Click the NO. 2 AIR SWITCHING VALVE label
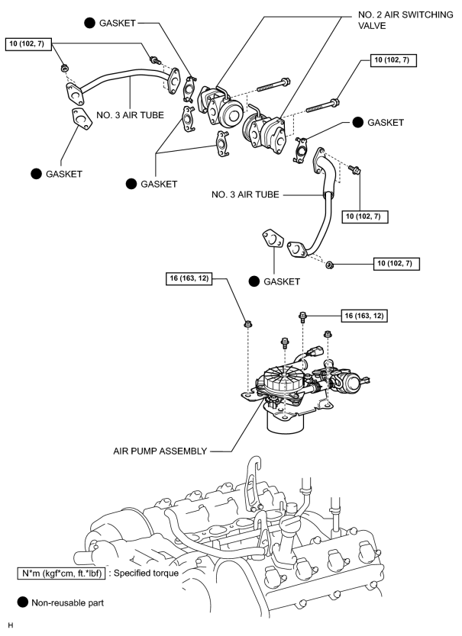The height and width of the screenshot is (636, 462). (x=405, y=20)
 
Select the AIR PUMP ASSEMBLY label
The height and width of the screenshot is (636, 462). (x=160, y=451)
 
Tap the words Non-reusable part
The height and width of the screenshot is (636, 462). (x=67, y=602)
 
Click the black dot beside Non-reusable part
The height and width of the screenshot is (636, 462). (x=23, y=602)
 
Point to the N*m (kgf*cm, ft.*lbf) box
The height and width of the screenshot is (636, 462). (x=61, y=573)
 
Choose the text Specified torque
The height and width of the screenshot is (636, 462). (x=146, y=573)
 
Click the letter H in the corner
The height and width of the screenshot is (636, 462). (x=11, y=625)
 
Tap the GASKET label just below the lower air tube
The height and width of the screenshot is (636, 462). (x=282, y=281)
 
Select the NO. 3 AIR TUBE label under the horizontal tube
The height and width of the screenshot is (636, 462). (x=130, y=115)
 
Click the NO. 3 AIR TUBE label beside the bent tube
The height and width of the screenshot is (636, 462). (x=245, y=194)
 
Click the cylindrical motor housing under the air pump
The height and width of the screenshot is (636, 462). (x=286, y=421)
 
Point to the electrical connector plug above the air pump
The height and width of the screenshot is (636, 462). (x=315, y=352)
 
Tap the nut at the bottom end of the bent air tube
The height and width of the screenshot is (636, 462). (x=330, y=265)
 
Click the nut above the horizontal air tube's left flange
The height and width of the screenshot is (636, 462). (x=64, y=68)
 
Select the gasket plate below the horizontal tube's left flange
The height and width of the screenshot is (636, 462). (x=81, y=119)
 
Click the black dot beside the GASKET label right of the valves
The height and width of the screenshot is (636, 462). (x=357, y=122)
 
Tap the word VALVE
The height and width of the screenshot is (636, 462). (x=372, y=26)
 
